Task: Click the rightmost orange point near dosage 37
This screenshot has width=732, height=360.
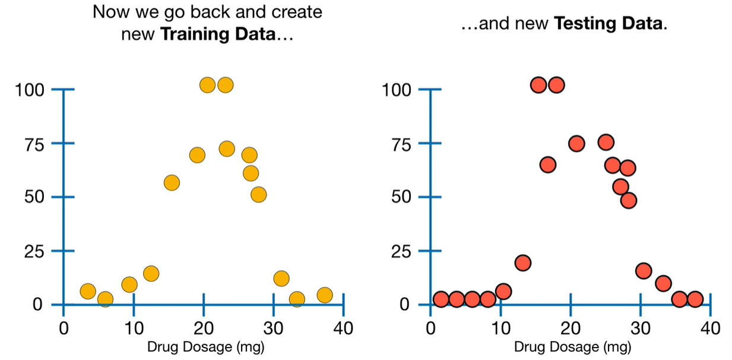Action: [324, 295]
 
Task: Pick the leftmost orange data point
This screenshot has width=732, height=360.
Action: [88, 291]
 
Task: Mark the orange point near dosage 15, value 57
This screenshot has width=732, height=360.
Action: [172, 183]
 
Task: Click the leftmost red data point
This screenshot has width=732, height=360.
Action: [441, 299]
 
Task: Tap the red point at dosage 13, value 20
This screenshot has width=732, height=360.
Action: [522, 263]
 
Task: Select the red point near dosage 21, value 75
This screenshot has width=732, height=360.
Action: [576, 144]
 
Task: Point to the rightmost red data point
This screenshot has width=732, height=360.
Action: [695, 299]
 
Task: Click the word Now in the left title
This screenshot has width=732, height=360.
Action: [111, 12]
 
